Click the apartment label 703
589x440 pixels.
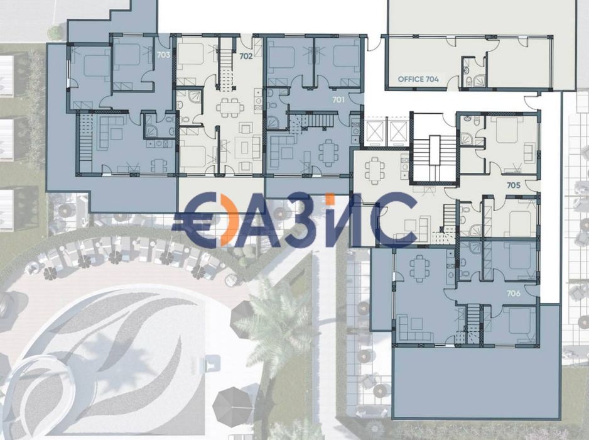click(163, 55)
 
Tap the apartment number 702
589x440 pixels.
click(246, 57)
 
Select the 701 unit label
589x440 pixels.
click(338, 100)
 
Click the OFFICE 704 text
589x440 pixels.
click(418, 79)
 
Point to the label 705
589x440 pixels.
click(514, 185)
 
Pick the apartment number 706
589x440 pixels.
click(514, 294)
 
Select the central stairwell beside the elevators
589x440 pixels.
click(435, 158)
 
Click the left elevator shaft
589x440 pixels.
click(374, 133)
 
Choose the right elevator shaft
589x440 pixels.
click(398, 133)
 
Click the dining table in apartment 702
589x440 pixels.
click(228, 108)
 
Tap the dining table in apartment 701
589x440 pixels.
click(328, 153)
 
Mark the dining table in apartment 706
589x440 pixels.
click(419, 268)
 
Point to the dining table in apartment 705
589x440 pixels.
click(374, 171)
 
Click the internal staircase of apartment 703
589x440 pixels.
click(85, 143)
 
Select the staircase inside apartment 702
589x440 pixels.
click(227, 72)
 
